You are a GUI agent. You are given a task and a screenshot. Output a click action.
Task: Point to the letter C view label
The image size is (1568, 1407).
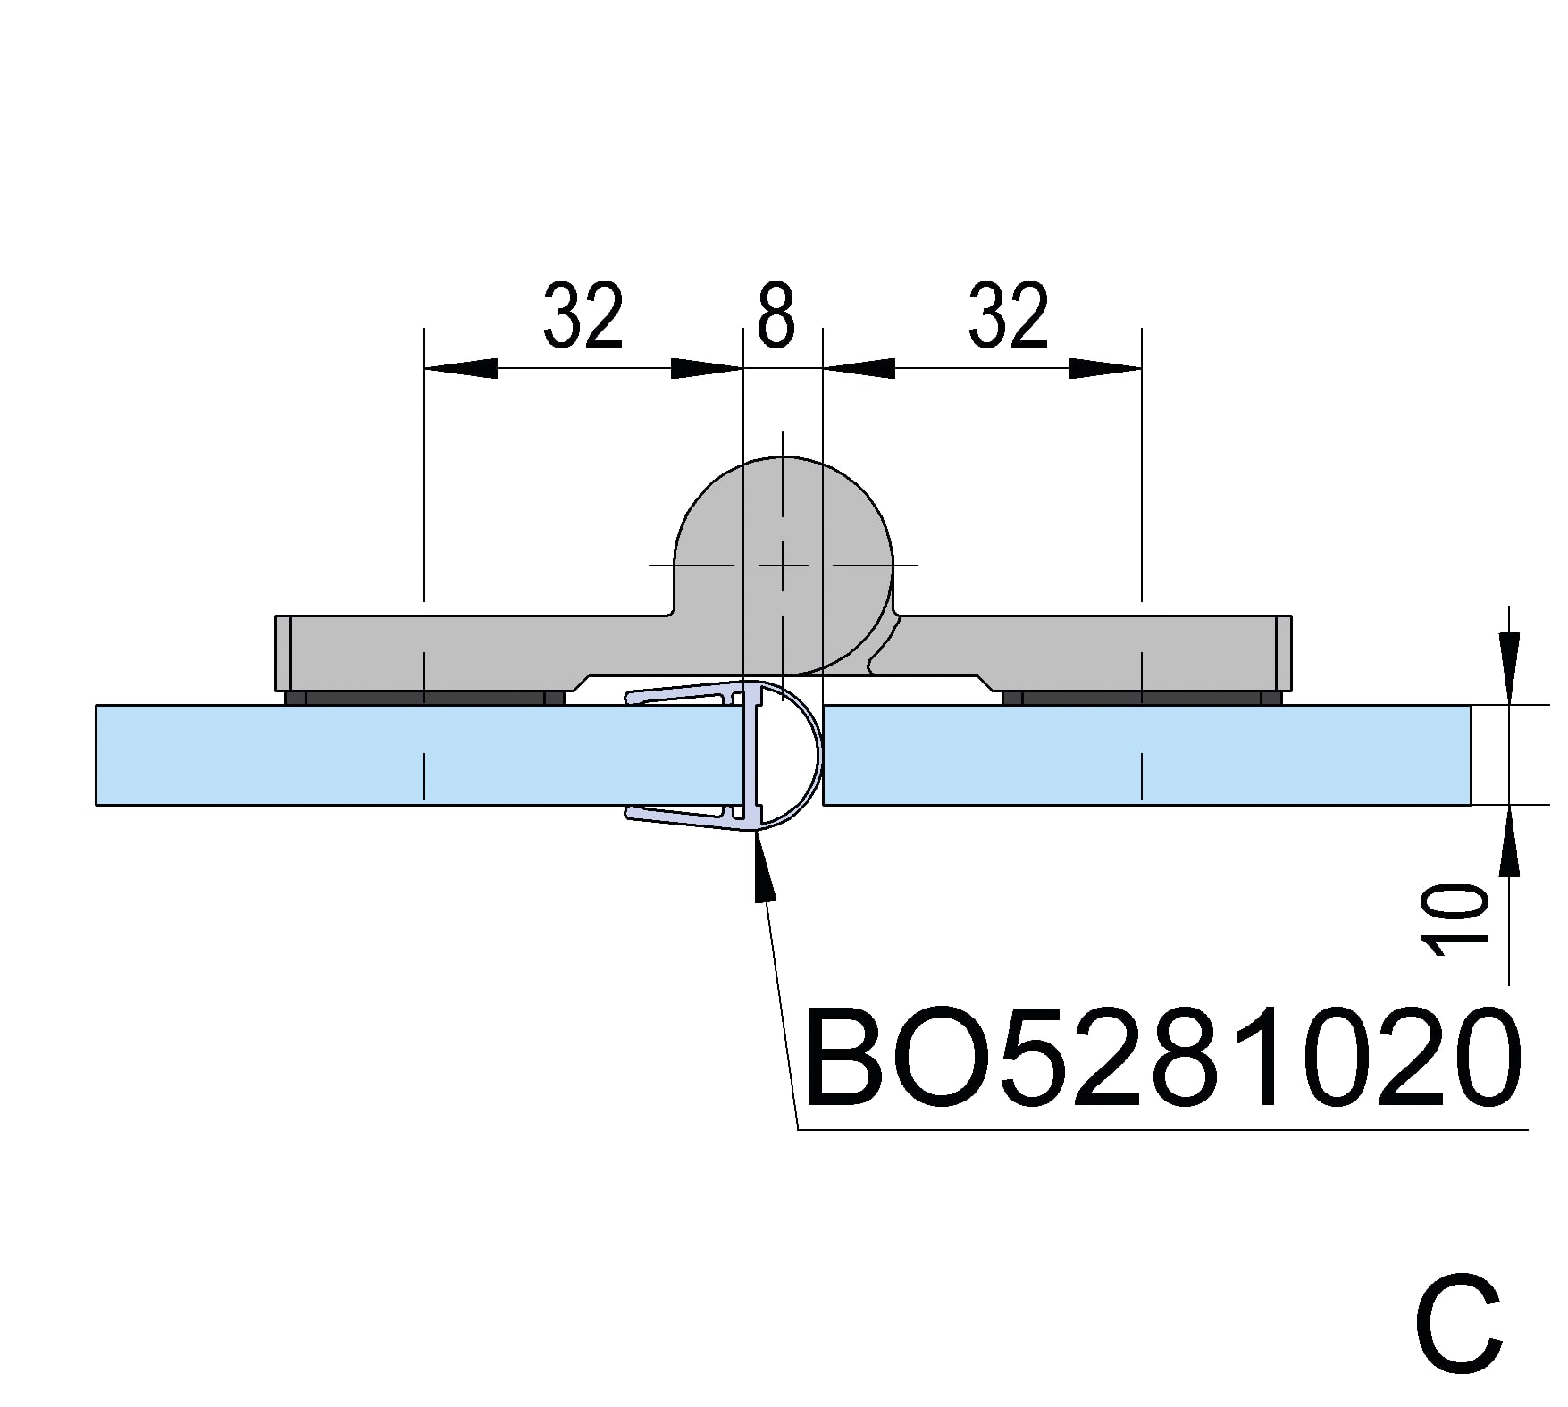coord(1459,1327)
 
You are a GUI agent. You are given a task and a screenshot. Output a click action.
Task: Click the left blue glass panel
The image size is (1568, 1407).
coord(420,755)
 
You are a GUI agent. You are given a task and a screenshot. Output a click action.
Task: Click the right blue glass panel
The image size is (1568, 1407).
coord(1147,755)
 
